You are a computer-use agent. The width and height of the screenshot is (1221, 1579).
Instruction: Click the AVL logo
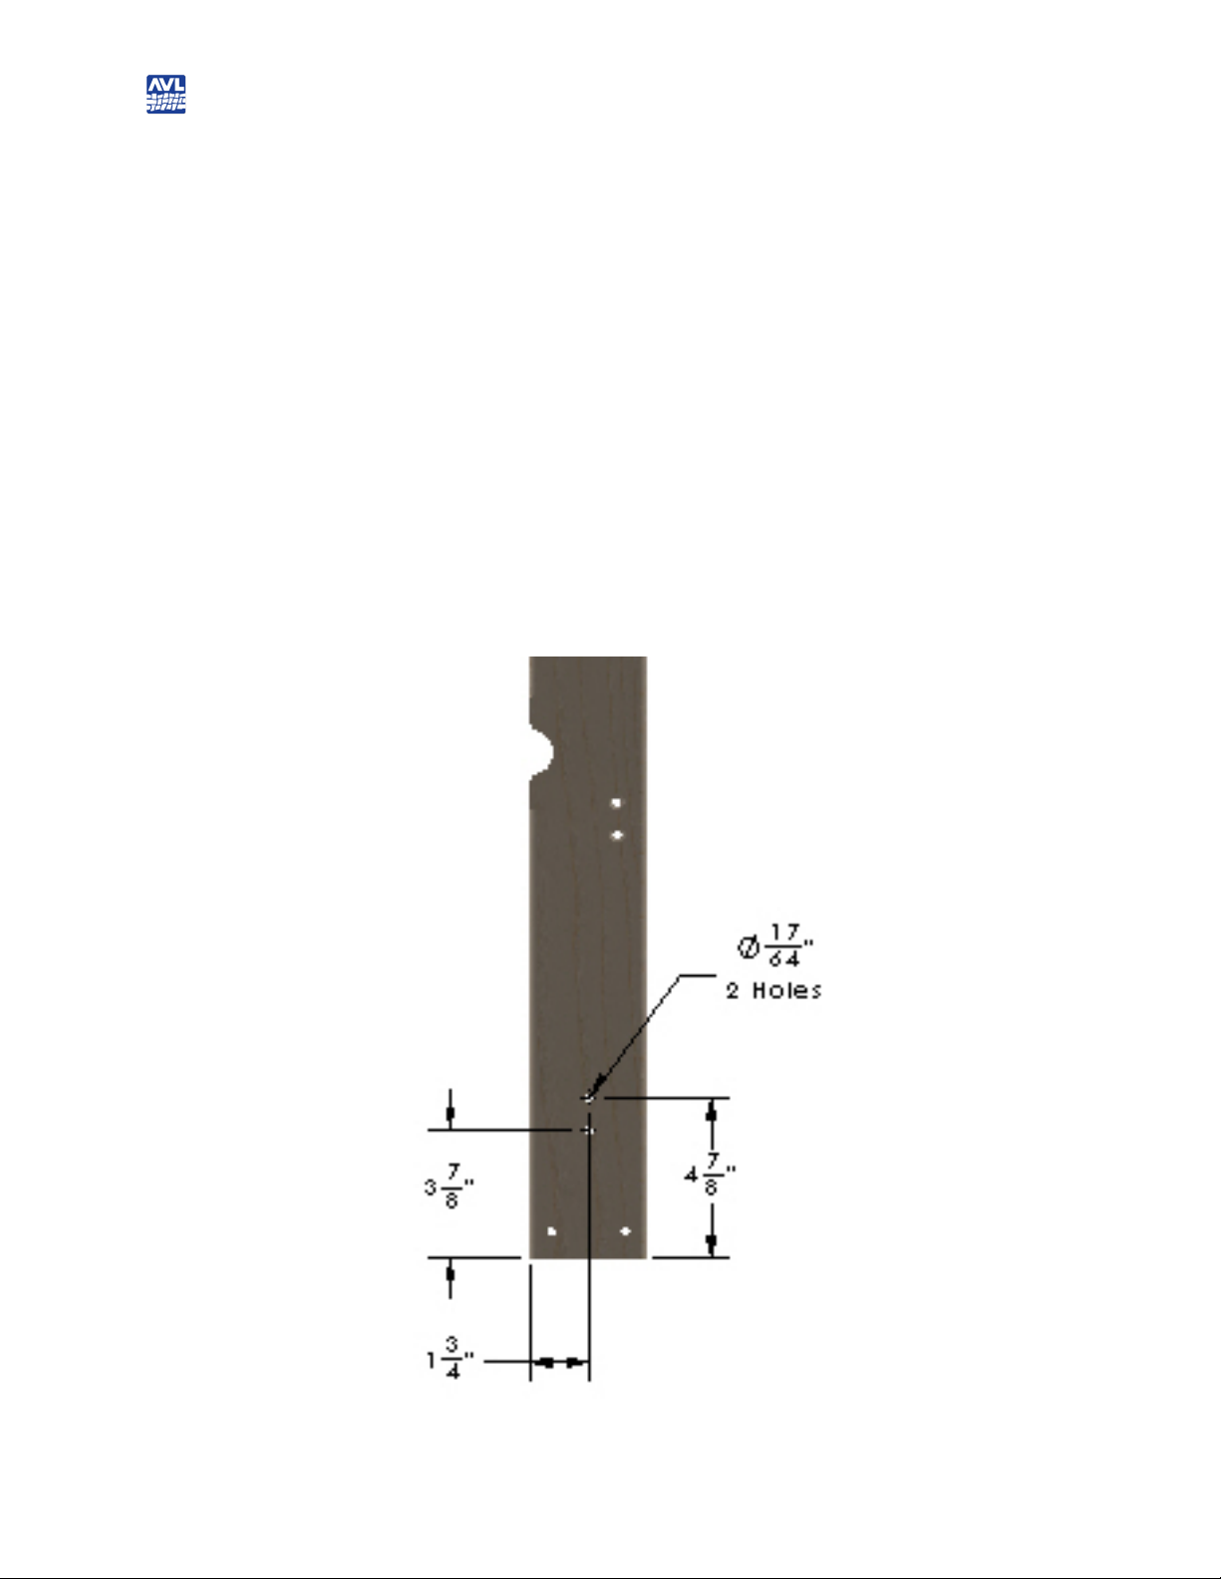pyautogui.click(x=165, y=94)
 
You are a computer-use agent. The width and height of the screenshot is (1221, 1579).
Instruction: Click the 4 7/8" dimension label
pyautogui.click(x=710, y=1175)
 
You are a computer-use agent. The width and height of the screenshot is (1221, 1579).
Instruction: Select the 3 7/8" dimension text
pyautogui.click(x=450, y=1186)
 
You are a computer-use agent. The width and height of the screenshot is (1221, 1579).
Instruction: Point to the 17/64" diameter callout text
pyautogui.click(x=775, y=945)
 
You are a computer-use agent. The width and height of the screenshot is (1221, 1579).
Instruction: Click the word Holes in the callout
pyautogui.click(x=786, y=991)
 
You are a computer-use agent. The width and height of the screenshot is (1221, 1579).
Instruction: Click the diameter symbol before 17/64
pyautogui.click(x=749, y=946)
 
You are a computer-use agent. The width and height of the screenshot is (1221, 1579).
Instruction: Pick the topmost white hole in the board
pyautogui.click(x=616, y=803)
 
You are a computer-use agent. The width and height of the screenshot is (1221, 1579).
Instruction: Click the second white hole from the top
pyautogui.click(x=617, y=835)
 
